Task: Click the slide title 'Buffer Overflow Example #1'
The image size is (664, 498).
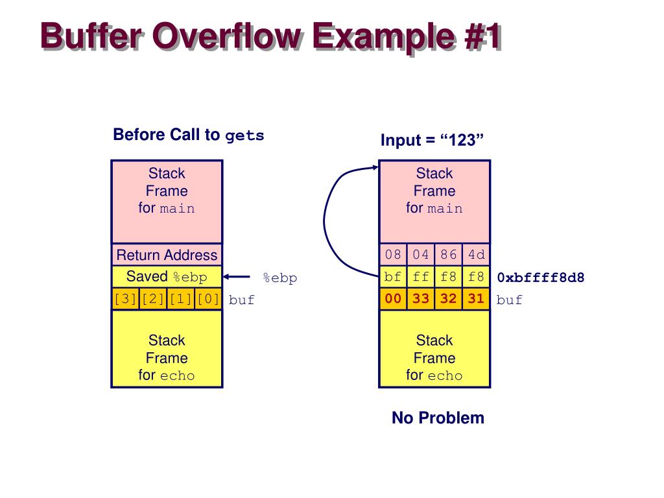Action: pos(270,36)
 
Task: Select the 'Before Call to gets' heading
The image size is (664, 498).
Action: pos(188,135)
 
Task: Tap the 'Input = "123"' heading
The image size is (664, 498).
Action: pos(432,140)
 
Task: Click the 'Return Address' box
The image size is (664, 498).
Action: pos(167,255)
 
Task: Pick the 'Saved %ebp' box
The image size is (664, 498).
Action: pos(167,277)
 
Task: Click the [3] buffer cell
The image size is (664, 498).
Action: pos(125,300)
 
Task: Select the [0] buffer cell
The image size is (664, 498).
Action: pos(208,300)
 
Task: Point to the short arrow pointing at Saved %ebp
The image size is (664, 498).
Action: pos(237,278)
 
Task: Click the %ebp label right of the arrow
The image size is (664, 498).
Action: pos(279,278)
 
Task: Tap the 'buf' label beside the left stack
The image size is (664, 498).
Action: pos(241,300)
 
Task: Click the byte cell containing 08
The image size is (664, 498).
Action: pos(393,255)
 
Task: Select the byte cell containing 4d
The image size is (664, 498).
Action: pos(477,255)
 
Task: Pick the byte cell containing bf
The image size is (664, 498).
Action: pos(393,278)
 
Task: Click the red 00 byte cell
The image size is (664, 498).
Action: pos(393,300)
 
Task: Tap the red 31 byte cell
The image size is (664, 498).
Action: pos(477,300)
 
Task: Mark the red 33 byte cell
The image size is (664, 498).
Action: pos(421,300)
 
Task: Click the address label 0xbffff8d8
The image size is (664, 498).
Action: pos(540,278)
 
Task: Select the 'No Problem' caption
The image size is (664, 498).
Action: pos(438,418)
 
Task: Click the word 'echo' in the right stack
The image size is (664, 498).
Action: pos(445,375)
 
